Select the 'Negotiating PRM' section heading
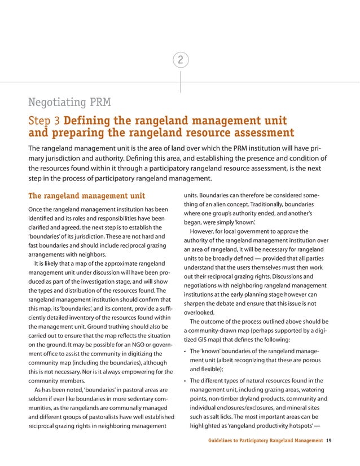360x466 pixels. [x=69, y=103]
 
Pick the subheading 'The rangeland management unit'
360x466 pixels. [x=86, y=196]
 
